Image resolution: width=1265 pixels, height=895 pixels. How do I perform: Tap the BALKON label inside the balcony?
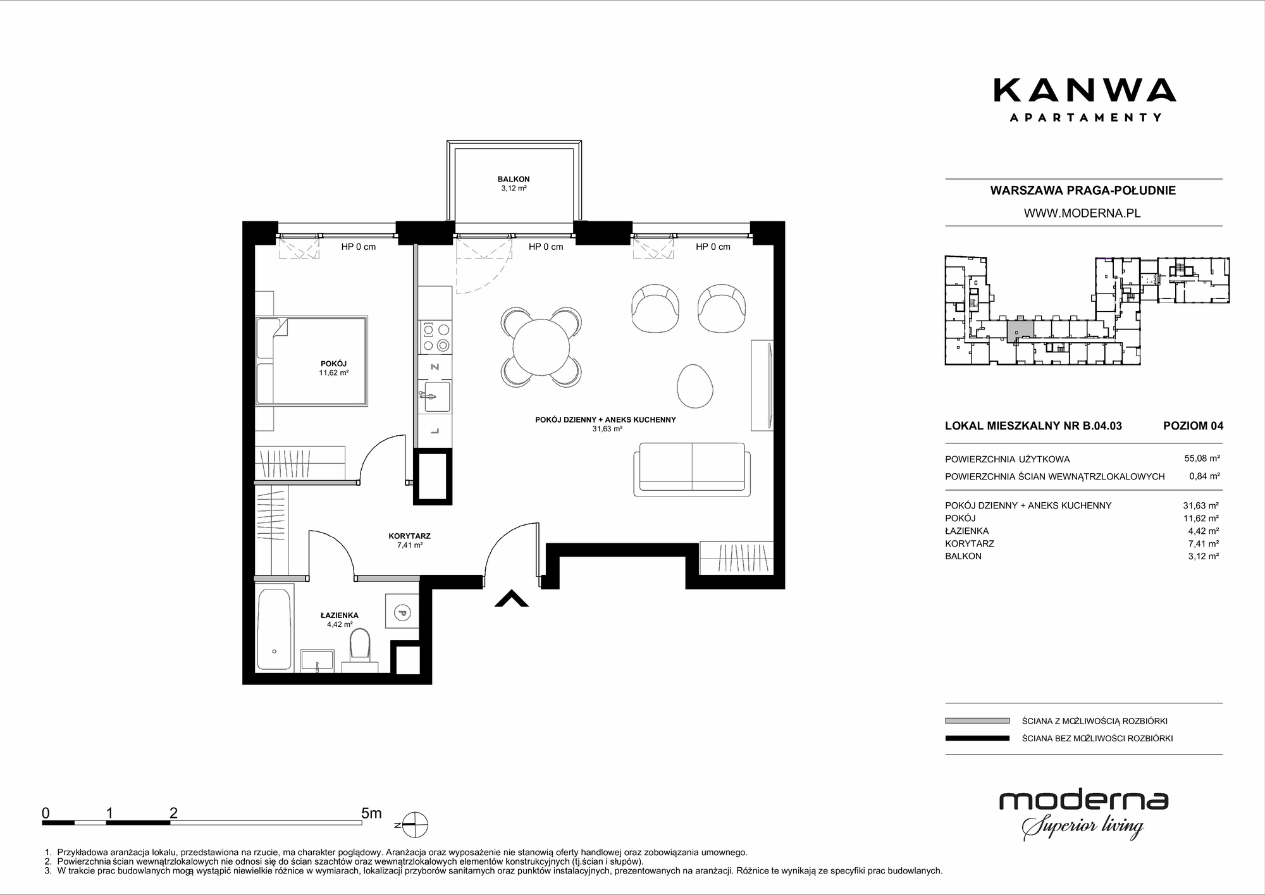coord(514,179)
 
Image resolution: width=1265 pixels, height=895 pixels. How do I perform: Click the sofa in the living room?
coord(692,469)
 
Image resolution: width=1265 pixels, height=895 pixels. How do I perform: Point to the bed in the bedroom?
coord(311,361)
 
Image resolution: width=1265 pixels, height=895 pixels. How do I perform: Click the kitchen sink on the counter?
coord(436,397)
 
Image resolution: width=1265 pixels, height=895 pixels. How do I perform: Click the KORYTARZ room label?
coord(409,536)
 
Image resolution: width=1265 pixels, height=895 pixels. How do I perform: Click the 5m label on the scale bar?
coord(371,813)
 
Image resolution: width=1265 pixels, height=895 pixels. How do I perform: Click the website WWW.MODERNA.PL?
coord(1082,213)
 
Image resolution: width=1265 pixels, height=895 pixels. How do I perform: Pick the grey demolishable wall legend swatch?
coord(977,720)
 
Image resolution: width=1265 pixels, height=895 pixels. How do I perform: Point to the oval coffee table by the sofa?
coord(695,386)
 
